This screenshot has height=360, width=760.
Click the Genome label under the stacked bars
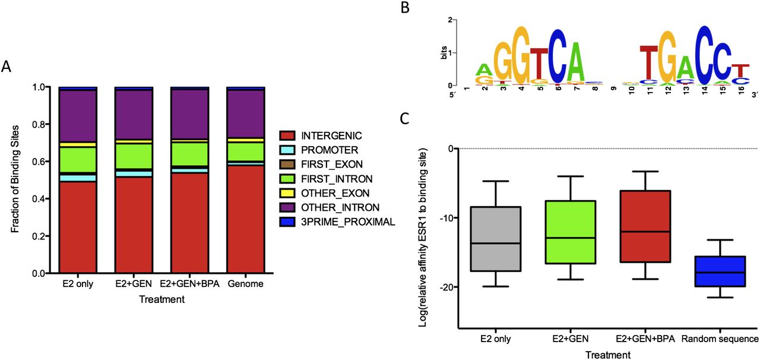coord(246,285)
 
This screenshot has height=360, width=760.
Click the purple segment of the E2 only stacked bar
coord(77,116)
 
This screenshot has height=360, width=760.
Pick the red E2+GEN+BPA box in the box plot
coord(645,226)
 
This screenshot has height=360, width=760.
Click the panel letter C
coord(404,119)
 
